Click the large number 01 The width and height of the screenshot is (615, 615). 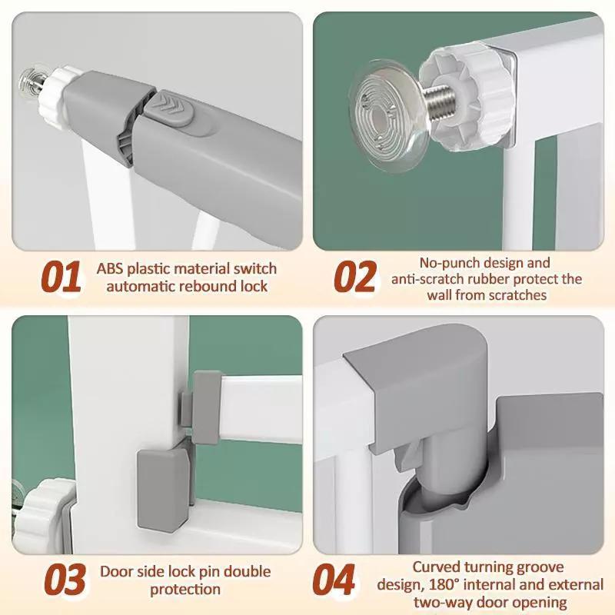tap(61, 277)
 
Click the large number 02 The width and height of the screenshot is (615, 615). tap(355, 277)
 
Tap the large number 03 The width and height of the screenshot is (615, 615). tap(65, 579)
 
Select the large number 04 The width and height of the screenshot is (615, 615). tap(334, 579)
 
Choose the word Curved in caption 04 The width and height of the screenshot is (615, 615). tap(436, 567)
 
